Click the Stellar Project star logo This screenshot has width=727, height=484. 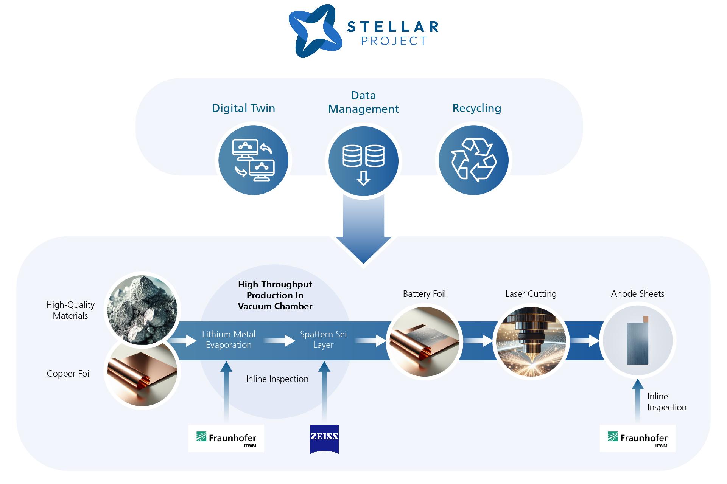tap(315, 31)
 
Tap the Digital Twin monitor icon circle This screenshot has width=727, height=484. tap(253, 160)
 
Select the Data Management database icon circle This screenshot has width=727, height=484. tap(363, 161)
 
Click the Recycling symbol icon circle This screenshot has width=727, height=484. tap(473, 160)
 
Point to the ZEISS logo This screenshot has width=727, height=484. tap(324, 439)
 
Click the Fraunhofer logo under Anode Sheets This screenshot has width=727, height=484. tap(637, 439)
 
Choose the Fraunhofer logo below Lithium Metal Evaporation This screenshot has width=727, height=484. tap(226, 439)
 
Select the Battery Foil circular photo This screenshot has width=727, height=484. tap(424, 341)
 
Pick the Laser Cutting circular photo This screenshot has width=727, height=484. tap(531, 341)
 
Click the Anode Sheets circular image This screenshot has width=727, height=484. tap(638, 340)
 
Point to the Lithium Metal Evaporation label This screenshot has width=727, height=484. tap(229, 340)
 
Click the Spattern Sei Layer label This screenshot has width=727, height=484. tap(323, 340)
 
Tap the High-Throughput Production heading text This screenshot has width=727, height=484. tap(275, 295)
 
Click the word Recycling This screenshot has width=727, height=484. tap(477, 109)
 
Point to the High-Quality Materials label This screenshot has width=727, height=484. tap(70, 310)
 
